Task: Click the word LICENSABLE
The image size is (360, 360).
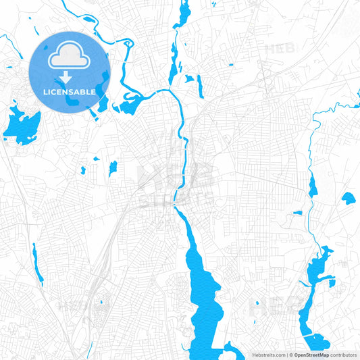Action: coord(69,91)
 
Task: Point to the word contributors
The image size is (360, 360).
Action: coord(344,354)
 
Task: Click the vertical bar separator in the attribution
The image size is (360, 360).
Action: coord(286,354)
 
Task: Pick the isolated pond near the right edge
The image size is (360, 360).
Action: coord(348,199)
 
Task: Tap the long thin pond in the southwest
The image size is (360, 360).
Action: coord(37,263)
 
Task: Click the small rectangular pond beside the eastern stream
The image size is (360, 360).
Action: coord(298,213)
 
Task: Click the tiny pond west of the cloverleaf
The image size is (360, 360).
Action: coord(230,65)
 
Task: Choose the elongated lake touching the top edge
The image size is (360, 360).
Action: coord(184,15)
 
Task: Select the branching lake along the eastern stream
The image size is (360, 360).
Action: coord(317,267)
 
